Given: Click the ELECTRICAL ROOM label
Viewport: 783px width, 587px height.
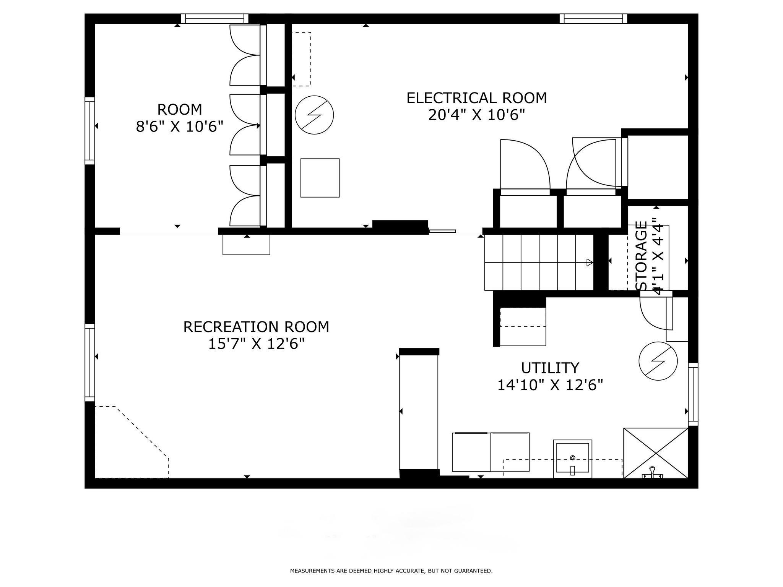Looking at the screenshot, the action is pos(476,98).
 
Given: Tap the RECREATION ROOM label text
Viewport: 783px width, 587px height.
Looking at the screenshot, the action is pos(256,327).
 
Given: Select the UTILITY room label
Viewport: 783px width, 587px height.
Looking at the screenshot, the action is pos(550,368).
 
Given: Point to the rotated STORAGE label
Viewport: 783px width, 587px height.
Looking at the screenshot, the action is pos(641,256).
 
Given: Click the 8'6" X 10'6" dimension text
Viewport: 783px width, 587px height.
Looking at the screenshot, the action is pos(180,126).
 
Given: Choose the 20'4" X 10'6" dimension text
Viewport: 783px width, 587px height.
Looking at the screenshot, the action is pos(476,115).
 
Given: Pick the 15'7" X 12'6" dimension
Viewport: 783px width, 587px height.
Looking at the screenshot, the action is pos(256,344).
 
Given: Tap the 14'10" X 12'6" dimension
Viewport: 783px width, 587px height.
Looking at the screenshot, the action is pos(550,385).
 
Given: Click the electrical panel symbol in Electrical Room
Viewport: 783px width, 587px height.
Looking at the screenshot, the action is pos(314,115).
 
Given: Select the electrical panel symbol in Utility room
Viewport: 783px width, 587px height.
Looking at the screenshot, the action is pos(658,361).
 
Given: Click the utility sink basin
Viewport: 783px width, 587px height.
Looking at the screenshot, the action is pos(572,459).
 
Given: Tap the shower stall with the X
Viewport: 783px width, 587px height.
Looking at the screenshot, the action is pos(656,453).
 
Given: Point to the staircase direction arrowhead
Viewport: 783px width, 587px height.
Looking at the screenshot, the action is pos(590,263).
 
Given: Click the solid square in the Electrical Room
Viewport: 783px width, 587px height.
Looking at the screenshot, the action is pos(320,178).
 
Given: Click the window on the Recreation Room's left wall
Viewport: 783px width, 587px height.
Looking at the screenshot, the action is pos(89,363).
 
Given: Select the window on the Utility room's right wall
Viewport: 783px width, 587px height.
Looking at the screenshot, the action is pos(693,394).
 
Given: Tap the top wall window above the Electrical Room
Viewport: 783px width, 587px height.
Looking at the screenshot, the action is pos(593,19).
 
